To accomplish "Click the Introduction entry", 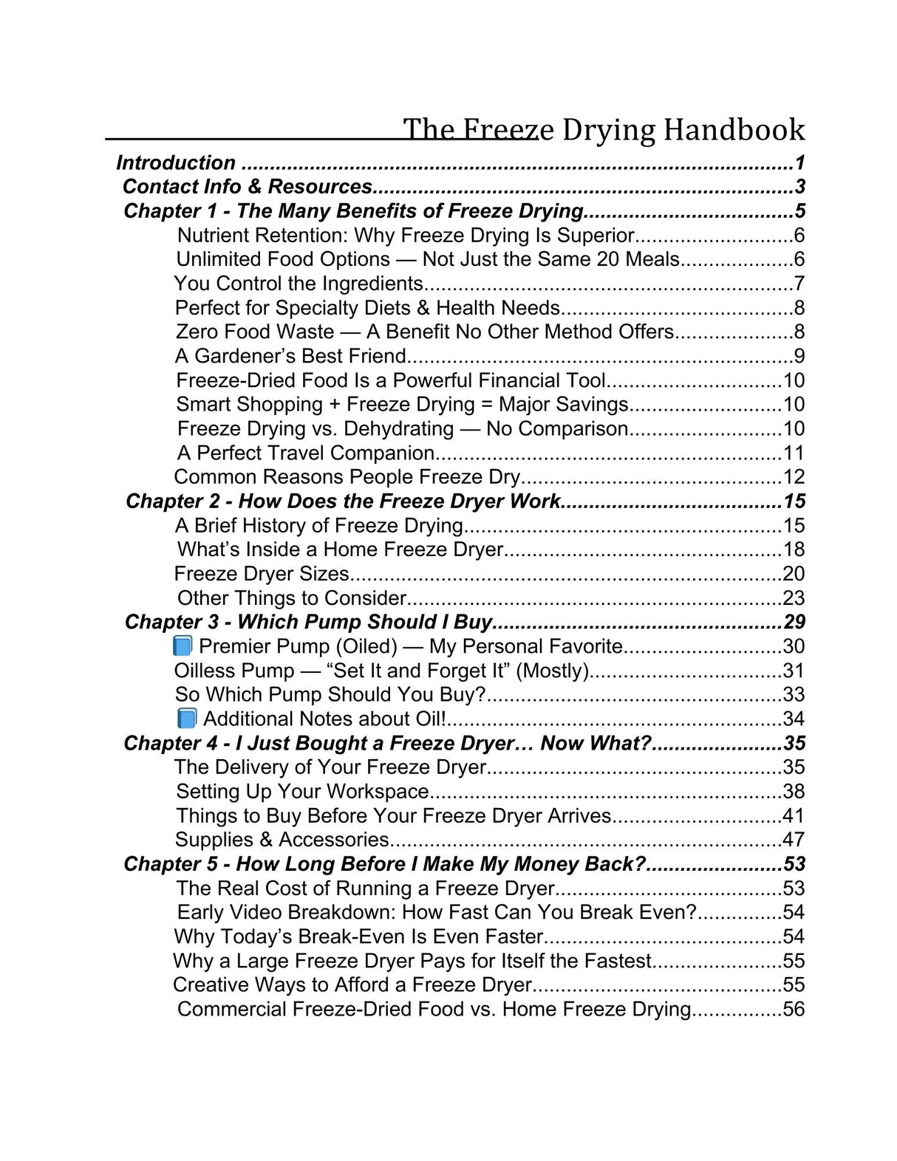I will coord(176,162).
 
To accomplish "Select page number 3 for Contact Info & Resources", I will coord(800,186).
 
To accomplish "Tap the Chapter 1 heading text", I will coord(353,210).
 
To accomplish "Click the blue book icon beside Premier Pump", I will coord(183,646).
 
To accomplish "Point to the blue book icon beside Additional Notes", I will coord(187,719).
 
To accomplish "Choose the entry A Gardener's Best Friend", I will coord(290,356).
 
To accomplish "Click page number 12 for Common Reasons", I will coord(794,477).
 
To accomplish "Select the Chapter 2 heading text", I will coord(343,501).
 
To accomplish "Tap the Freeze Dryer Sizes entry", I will coord(262,574).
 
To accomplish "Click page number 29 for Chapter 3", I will coord(794,622).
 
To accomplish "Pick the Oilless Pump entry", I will coord(381,671).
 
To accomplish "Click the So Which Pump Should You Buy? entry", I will coord(330,694).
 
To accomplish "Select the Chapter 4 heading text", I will coord(387,743).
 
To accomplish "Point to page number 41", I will coord(794,815).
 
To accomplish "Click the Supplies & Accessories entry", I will coord(282,840).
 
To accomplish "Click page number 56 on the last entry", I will coord(794,1009).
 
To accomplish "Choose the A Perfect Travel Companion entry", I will coord(306,453).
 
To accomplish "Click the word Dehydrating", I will coord(399,428).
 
